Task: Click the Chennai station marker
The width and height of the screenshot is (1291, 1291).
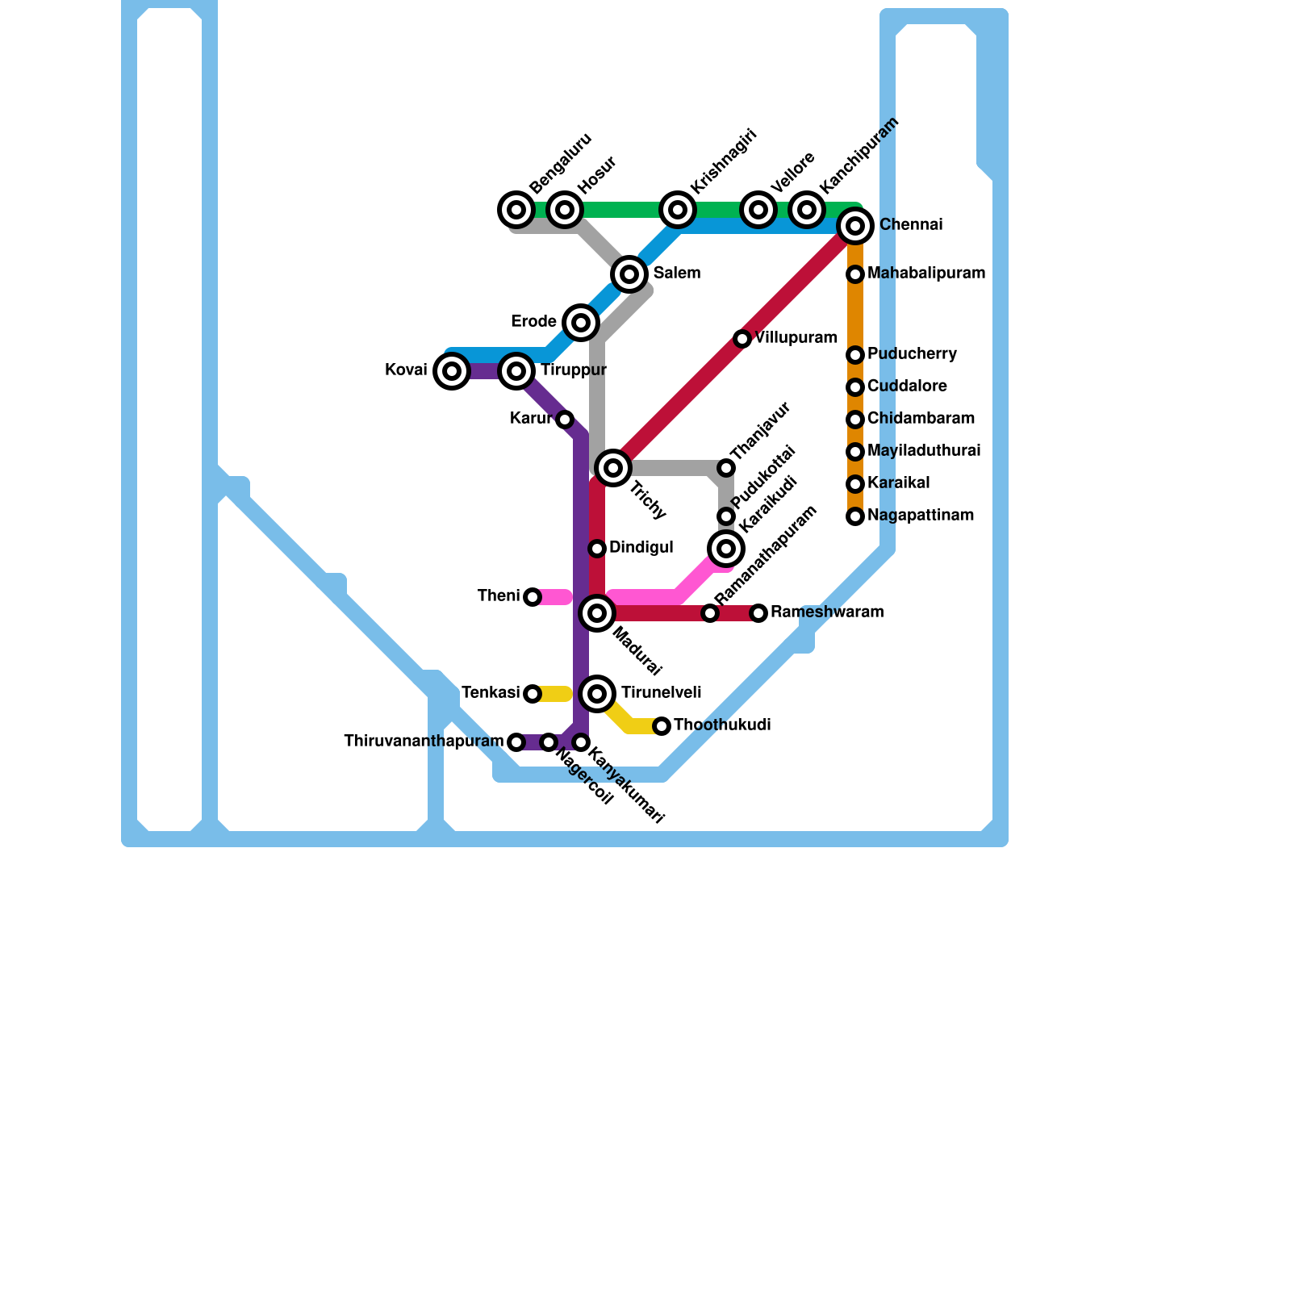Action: tap(855, 226)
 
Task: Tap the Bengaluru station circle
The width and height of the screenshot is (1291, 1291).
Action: tap(516, 210)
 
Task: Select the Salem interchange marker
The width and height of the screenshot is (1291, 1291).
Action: tap(629, 274)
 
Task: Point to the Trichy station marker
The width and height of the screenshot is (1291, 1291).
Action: tap(613, 468)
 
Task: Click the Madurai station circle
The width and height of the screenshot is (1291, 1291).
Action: tap(597, 613)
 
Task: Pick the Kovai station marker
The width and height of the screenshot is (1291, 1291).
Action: tap(452, 371)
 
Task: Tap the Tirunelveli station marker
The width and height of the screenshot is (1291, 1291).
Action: tap(597, 694)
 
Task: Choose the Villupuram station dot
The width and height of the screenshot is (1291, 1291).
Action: tap(742, 339)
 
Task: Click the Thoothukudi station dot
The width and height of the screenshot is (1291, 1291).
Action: tap(662, 726)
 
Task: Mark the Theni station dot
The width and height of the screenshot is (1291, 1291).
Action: tap(533, 597)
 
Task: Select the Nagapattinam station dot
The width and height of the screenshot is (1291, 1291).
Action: tap(855, 516)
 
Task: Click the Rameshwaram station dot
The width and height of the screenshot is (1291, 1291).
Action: tap(758, 613)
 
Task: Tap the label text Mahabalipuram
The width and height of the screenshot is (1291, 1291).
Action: tap(926, 274)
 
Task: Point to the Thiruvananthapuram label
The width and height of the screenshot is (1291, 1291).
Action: tap(424, 742)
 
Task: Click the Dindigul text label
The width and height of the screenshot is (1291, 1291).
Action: tap(641, 548)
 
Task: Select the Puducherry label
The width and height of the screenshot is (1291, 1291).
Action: tap(912, 354)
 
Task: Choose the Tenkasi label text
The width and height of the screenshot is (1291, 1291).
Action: tap(490, 693)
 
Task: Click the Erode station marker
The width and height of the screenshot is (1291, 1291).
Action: tap(581, 323)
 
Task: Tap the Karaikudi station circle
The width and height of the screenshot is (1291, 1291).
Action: tap(726, 549)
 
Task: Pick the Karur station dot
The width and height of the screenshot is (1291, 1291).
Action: tap(565, 420)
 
